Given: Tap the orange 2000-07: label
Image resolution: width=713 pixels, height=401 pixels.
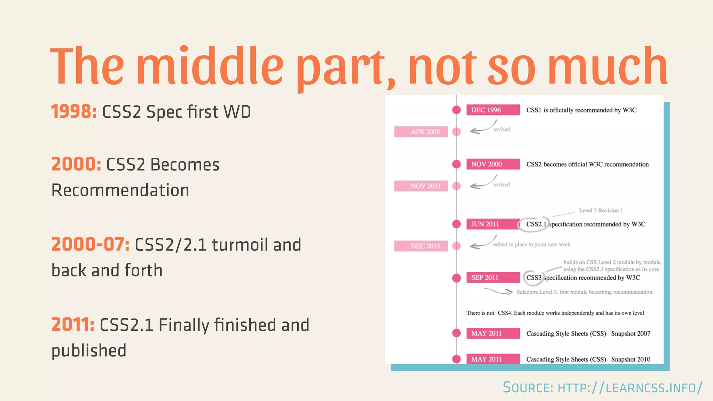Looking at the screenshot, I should click(90, 244).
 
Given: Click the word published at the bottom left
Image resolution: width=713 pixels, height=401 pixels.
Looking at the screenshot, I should click(89, 351).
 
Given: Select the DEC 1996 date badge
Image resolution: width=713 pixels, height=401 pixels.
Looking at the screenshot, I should click(493, 110).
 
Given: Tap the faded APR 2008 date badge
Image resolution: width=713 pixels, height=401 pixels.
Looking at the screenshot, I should click(421, 132).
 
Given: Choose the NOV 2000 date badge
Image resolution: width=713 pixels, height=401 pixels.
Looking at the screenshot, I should click(493, 164).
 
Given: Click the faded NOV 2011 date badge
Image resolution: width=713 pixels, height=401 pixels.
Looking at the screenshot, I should click(421, 186).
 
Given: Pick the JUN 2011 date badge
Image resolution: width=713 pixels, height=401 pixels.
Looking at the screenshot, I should click(493, 224).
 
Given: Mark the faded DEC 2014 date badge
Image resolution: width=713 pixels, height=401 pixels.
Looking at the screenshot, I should click(421, 246).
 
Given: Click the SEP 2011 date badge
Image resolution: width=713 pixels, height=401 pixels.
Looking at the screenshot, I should click(493, 278).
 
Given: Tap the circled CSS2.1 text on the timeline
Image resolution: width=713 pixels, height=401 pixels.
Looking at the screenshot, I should click(536, 224).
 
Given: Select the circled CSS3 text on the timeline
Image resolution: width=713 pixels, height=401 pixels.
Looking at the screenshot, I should click(534, 278).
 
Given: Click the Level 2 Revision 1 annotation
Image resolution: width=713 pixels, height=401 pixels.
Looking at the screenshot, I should click(601, 211).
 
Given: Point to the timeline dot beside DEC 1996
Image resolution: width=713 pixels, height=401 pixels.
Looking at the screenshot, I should click(456, 110).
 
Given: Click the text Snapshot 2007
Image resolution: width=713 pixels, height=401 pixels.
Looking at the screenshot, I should click(630, 333).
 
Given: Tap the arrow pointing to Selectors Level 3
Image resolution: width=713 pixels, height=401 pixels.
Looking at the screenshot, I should click(499, 291).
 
